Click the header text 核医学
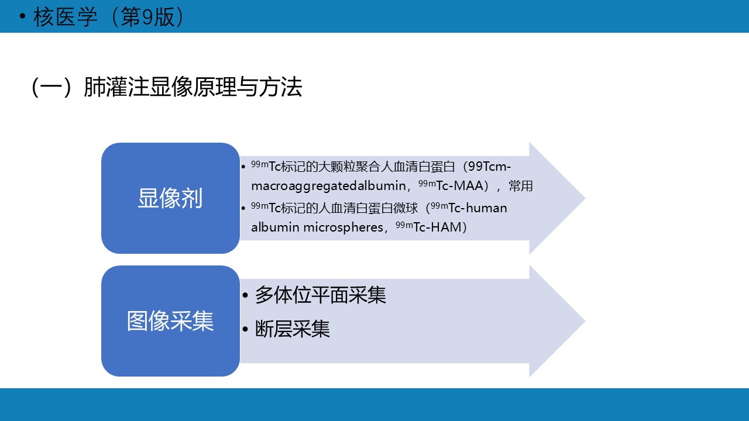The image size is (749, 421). pyautogui.click(x=65, y=17)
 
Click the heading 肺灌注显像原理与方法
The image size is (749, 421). pyautogui.click(x=193, y=87)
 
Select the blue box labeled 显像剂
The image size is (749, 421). pyautogui.click(x=170, y=198)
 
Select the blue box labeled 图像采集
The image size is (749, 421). pyautogui.click(x=170, y=321)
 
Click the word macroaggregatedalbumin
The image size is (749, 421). pyautogui.click(x=328, y=186)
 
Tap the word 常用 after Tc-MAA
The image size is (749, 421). pyautogui.click(x=521, y=186)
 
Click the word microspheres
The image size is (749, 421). pyautogui.click(x=343, y=227)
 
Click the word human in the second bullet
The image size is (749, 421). pyautogui.click(x=486, y=208)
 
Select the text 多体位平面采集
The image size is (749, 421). pyautogui.click(x=320, y=295)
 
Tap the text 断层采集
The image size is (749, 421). pyautogui.click(x=292, y=329)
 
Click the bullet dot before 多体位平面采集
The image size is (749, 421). pyautogui.click(x=245, y=295)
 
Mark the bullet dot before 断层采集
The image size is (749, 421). pyautogui.click(x=245, y=329)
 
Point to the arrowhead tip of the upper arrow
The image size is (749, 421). pyautogui.click(x=585, y=198)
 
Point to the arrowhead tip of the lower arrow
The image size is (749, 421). pyautogui.click(x=585, y=321)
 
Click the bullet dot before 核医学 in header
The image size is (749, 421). pyautogui.click(x=22, y=16)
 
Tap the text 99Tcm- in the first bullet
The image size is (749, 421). pyautogui.click(x=489, y=167)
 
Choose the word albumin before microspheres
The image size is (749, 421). pyautogui.click(x=275, y=227)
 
